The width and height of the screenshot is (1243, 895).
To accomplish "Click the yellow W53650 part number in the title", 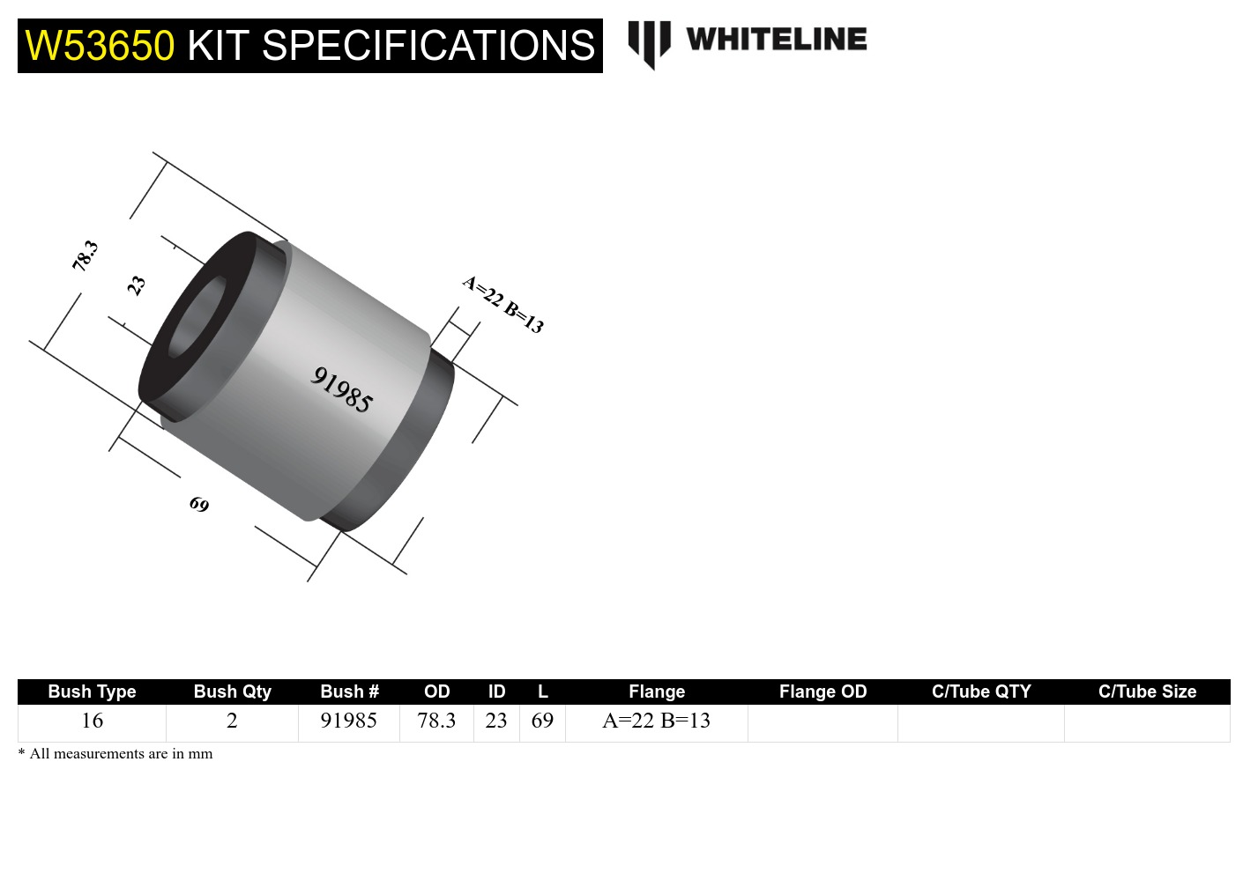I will pyautogui.click(x=100, y=46).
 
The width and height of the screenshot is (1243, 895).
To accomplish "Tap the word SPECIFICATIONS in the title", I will pyautogui.click(x=428, y=46).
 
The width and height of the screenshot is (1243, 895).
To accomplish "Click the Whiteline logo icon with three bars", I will pyautogui.click(x=649, y=43).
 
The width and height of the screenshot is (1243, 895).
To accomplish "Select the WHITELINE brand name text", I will pyautogui.click(x=776, y=40).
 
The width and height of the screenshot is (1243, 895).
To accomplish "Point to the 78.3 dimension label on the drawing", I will pyautogui.click(x=85, y=255).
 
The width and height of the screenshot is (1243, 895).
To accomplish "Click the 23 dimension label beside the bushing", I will pyautogui.click(x=136, y=285).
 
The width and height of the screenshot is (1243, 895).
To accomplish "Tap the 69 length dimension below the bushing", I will pyautogui.click(x=199, y=504).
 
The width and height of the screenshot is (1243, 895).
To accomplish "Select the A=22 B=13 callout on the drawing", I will pyautogui.click(x=503, y=304).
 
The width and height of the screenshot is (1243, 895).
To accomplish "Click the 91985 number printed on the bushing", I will pyautogui.click(x=342, y=389).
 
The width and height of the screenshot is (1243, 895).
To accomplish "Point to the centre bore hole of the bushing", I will pyautogui.click(x=197, y=318).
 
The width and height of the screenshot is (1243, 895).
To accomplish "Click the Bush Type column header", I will pyautogui.click(x=92, y=692).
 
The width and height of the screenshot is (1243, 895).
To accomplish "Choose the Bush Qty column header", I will pyautogui.click(x=232, y=692).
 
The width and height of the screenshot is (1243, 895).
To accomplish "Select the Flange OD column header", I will pyautogui.click(x=822, y=692).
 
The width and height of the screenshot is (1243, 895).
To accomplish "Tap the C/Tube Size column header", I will pyautogui.click(x=1147, y=692).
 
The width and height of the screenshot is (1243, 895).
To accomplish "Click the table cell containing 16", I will pyautogui.click(x=92, y=721).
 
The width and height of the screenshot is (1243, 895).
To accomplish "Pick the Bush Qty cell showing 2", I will pyautogui.click(x=232, y=721).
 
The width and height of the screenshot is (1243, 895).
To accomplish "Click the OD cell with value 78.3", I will pyautogui.click(x=436, y=721).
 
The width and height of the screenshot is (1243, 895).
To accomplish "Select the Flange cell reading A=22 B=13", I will pyautogui.click(x=656, y=721).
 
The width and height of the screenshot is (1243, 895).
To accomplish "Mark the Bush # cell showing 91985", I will pyautogui.click(x=348, y=721).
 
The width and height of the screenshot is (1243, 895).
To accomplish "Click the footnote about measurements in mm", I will pyautogui.click(x=115, y=754).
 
